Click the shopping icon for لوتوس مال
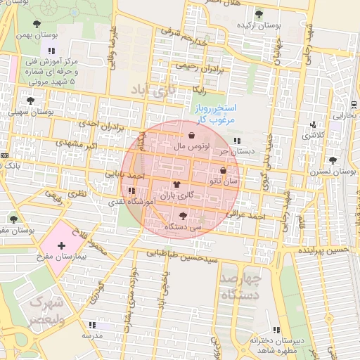point(192,135)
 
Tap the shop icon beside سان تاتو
point(223,170)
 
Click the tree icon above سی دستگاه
point(184,217)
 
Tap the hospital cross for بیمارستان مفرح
point(61,245)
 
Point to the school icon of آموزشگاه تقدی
point(131,191)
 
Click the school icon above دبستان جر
point(246,141)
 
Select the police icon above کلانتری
point(313,125)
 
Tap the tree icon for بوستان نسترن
point(333,160)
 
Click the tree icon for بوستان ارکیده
point(259,14)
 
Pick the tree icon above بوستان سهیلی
point(30,101)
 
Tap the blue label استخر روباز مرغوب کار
point(213,114)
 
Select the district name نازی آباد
point(150,90)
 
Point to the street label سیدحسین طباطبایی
point(184,254)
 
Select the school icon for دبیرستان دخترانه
point(276,330)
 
